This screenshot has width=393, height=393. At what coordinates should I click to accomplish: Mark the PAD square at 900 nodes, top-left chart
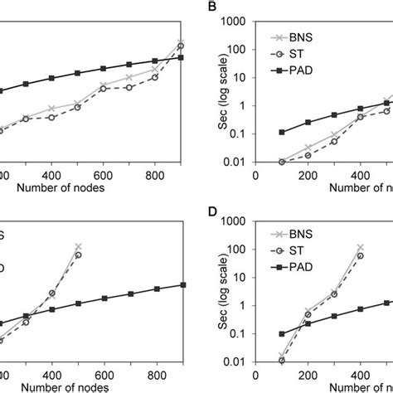[181, 57]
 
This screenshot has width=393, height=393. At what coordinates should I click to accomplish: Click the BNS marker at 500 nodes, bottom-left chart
[78, 246]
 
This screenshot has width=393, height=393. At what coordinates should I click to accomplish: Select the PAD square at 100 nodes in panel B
[282, 132]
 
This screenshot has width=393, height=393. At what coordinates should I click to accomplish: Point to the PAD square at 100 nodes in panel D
[282, 333]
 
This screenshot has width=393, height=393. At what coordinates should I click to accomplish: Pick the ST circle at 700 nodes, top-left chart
[129, 87]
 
